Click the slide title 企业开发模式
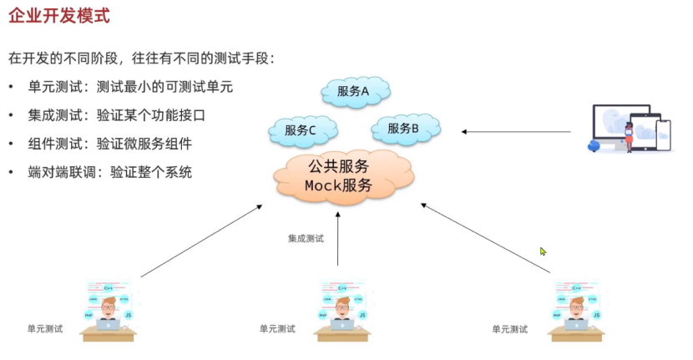coord(58,16)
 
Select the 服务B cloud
coord(403,129)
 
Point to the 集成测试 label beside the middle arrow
coord(306,239)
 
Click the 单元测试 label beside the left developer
coord(45,329)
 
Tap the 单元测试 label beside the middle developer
coord(277,329)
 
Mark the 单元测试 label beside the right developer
coord(509,329)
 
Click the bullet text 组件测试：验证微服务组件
coord(109,144)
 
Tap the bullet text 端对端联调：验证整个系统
coord(109,172)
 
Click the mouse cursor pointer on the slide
coord(543,251)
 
